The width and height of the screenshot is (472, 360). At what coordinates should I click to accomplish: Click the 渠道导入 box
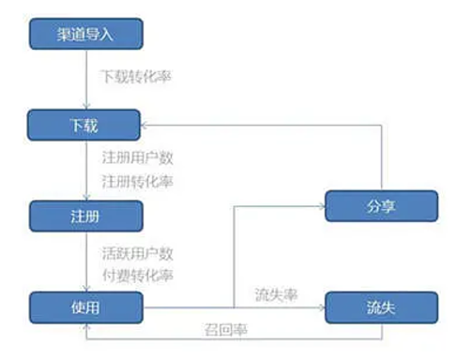[84, 35]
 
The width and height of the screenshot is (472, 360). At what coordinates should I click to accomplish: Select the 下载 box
[84, 124]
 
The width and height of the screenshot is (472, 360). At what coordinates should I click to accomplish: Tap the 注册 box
[84, 215]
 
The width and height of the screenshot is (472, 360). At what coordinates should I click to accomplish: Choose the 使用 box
[84, 306]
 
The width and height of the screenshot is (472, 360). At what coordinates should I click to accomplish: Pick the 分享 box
[381, 205]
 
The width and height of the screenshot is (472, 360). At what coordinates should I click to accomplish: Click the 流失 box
[381, 306]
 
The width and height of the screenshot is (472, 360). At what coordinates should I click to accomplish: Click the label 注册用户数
[137, 157]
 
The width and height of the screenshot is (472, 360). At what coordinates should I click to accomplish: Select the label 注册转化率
[137, 179]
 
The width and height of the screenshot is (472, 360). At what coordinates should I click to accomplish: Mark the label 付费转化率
[137, 276]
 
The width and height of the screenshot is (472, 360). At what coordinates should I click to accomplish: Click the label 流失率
[276, 294]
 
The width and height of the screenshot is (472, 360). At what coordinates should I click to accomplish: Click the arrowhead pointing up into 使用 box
[84, 326]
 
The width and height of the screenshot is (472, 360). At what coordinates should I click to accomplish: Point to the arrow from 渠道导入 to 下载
[84, 80]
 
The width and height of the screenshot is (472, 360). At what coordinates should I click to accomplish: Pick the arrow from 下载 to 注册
[84, 169]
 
